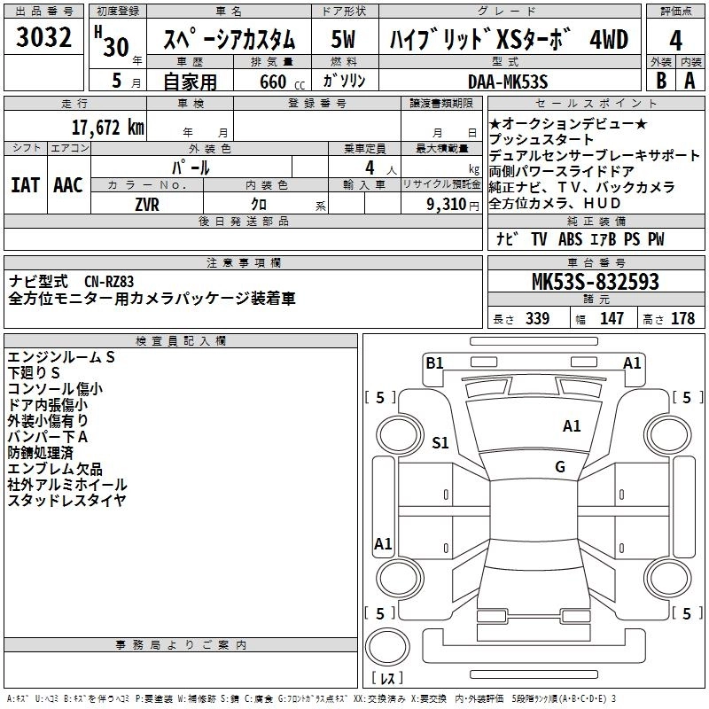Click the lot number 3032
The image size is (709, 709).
pos(43,40)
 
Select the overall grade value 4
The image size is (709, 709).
pos(675,41)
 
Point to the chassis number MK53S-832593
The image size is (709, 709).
pos(595,283)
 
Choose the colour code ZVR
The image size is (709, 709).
pos(147,204)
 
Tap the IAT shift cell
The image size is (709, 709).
pos(26,184)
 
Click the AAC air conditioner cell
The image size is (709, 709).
pos(68,184)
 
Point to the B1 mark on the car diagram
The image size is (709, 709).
pos(434,362)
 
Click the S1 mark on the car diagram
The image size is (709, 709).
pos(440,442)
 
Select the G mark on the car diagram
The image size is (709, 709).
pos(560,467)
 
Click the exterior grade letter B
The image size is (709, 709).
pos(659,80)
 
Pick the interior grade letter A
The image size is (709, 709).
pos(690,80)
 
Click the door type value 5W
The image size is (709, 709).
pos(344,41)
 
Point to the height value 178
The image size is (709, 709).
pos(682,319)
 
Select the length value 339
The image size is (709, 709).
pos(537,319)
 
